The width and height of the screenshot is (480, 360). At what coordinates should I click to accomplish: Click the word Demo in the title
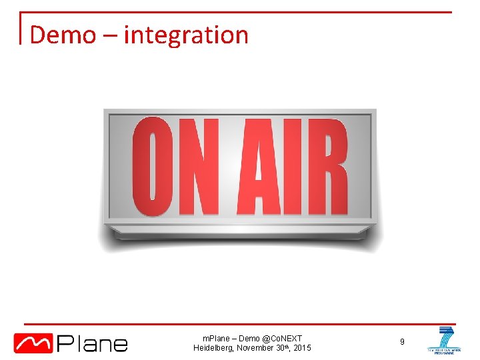click(63, 34)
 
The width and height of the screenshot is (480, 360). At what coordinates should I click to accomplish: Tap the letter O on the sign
click(154, 167)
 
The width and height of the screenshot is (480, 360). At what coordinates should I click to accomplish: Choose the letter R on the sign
click(327, 167)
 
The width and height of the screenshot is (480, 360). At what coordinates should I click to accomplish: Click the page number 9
click(402, 342)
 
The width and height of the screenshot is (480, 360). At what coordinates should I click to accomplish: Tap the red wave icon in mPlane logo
click(34, 343)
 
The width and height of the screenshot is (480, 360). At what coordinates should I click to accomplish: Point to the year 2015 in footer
click(301, 348)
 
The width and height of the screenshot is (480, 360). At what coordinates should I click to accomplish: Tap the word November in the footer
click(257, 348)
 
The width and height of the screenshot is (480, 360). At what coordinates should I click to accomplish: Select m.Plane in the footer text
click(217, 338)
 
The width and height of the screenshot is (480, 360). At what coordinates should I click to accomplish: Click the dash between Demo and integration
click(109, 35)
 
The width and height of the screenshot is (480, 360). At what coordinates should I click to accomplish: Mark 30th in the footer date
click(283, 348)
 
